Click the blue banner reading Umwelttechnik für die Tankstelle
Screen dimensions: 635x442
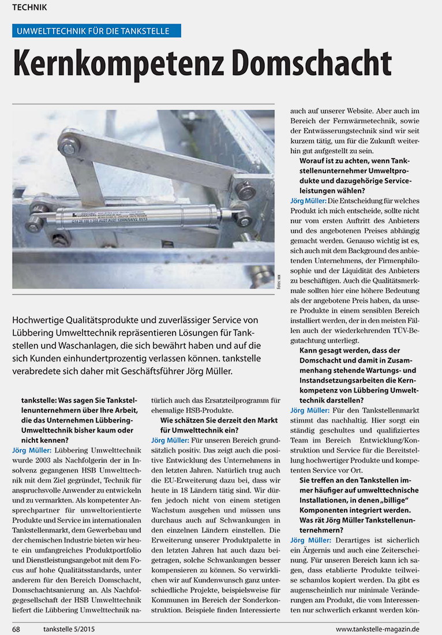pos(96,31)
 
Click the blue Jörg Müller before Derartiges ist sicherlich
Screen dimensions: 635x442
pos(310,540)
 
